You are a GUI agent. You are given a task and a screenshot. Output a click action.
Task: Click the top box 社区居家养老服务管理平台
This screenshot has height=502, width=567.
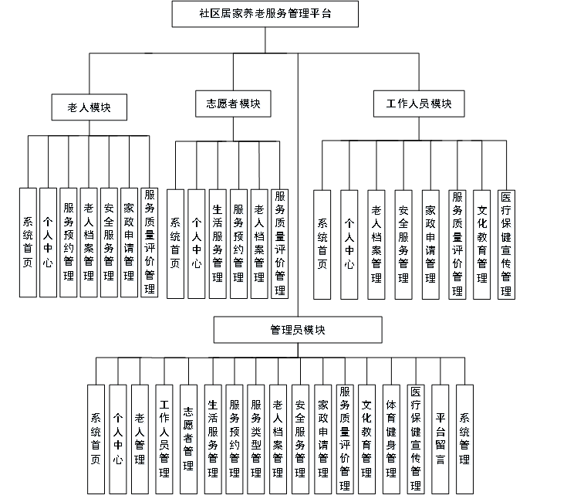(266, 14)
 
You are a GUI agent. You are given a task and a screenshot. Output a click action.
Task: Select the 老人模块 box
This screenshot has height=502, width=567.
(89, 108)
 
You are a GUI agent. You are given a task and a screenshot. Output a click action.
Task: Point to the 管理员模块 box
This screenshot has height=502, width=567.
(297, 330)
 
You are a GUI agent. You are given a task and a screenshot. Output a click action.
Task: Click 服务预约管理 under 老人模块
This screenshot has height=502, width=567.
(69, 242)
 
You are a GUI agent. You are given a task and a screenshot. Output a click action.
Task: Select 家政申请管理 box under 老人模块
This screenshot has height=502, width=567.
(129, 242)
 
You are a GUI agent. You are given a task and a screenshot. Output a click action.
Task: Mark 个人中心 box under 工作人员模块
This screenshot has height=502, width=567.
(349, 243)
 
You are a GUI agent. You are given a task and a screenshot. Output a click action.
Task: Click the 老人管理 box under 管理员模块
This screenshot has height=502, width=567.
(140, 438)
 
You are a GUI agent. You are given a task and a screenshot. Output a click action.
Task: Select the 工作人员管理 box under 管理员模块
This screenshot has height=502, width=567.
(164, 438)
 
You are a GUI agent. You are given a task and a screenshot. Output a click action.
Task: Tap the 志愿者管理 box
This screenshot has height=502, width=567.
(188, 438)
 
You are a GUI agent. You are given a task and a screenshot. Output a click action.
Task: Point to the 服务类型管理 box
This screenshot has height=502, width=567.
(256, 438)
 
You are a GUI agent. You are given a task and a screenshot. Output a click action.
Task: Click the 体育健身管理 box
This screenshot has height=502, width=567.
(391, 438)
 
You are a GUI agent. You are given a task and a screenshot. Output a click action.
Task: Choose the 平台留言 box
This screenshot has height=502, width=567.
(440, 438)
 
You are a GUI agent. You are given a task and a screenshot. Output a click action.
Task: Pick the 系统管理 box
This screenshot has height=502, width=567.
(464, 438)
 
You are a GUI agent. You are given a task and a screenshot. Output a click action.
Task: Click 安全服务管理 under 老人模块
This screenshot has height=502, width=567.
(109, 242)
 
